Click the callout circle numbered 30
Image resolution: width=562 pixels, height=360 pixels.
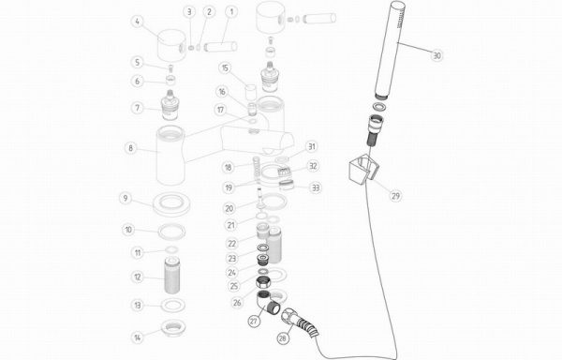coord(436,55)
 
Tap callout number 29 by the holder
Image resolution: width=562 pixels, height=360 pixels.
coord(395,195)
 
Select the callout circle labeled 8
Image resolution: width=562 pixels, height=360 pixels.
coord(131,148)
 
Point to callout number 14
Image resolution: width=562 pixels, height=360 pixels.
coord(138,337)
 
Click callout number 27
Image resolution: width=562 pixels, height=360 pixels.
coord(254,321)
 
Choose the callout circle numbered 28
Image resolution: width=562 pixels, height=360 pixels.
coord(283,338)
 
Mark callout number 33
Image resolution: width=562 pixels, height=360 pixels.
coord(316,187)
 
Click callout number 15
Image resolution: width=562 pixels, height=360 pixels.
coord(225,68)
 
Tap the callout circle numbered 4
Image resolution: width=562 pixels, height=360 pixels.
coord(138,22)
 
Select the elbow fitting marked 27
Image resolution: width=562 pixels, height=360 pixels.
coord(269,304)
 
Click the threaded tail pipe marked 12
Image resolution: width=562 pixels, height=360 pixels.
coord(171,275)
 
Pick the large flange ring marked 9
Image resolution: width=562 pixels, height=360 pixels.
coord(171,203)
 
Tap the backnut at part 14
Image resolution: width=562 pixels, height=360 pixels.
coord(173,328)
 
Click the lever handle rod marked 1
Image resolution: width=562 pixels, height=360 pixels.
coord(220,47)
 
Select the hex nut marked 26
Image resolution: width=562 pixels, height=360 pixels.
coord(264,282)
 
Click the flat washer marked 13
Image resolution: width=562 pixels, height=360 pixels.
coord(173,305)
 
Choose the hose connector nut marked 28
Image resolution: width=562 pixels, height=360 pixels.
coord(290,316)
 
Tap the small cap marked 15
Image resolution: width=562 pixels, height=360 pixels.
coord(250,92)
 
